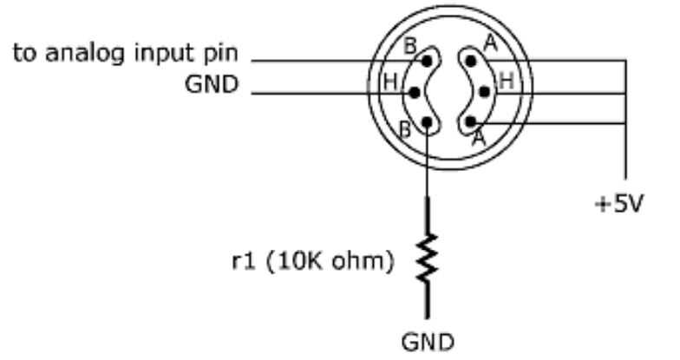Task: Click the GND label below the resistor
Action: [427, 338]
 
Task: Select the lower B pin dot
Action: [427, 121]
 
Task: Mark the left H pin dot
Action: [415, 91]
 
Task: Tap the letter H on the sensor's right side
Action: [507, 81]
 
